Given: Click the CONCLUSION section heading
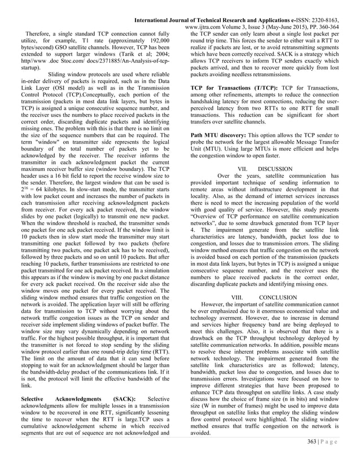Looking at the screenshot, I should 278,297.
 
